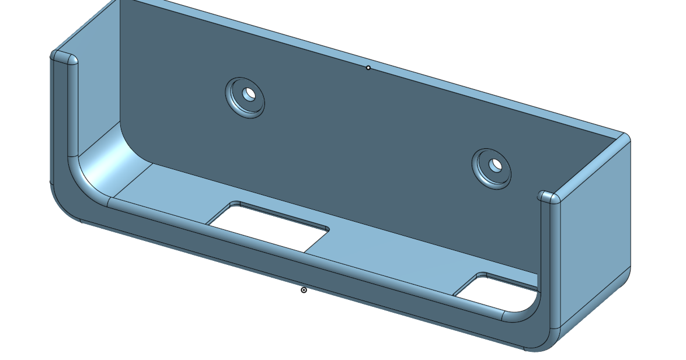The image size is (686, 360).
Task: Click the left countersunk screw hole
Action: coord(245,97)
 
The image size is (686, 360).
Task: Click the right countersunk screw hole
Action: coord(492,168)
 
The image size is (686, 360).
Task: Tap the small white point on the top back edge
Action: coord(368,68)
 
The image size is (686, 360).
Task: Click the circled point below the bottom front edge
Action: coord(304,290)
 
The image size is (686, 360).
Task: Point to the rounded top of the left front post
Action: coord(64,57)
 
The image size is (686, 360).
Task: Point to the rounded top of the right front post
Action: coord(549,197)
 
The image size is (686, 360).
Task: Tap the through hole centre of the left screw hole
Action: coord(249,93)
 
